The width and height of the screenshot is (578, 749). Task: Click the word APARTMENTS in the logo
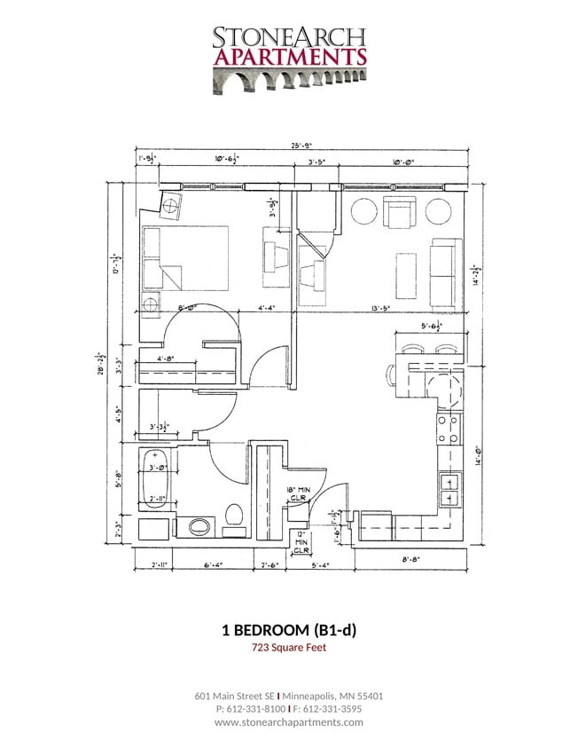(x=288, y=57)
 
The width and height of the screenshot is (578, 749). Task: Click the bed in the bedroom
(x=186, y=258)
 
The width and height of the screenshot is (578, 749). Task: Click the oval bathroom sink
(x=198, y=527)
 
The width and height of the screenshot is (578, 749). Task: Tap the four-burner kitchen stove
(x=449, y=429)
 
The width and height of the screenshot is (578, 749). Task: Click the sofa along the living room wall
(x=447, y=270)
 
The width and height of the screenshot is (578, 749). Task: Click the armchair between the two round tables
(x=401, y=213)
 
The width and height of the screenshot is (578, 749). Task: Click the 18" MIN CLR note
(x=299, y=493)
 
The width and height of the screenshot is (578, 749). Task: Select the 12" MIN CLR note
(x=301, y=540)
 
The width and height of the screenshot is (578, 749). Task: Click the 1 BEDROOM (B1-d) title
(x=288, y=629)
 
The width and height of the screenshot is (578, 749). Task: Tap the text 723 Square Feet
(x=288, y=648)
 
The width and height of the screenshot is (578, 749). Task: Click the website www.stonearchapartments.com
(x=288, y=722)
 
